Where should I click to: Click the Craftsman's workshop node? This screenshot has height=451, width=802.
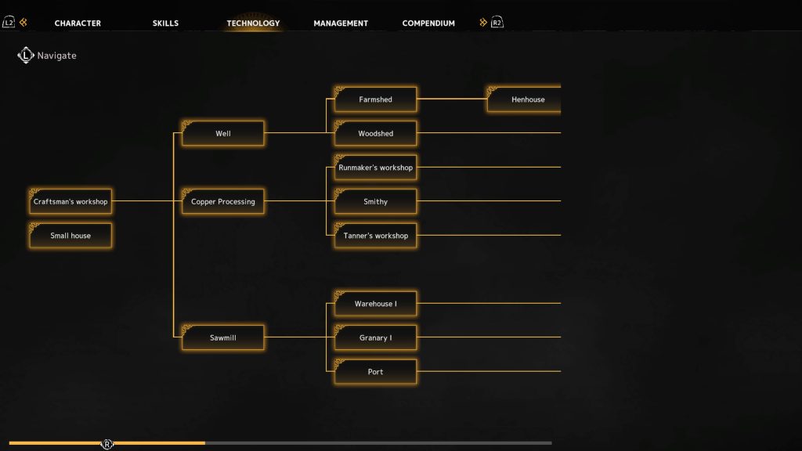click(x=70, y=201)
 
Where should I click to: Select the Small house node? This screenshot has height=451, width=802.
click(x=70, y=236)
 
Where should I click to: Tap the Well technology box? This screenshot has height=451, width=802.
click(x=223, y=133)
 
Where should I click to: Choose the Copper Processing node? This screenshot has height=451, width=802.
click(x=223, y=201)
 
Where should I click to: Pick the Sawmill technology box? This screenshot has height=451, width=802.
click(x=223, y=337)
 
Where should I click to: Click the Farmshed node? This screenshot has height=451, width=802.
click(x=375, y=99)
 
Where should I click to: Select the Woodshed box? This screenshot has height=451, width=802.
click(x=375, y=133)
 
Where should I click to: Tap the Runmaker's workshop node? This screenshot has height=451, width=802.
click(x=375, y=168)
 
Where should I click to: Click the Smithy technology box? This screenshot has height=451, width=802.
click(x=375, y=201)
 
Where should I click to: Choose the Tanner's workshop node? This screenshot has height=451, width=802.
click(x=375, y=236)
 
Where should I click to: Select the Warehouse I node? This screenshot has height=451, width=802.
click(x=375, y=304)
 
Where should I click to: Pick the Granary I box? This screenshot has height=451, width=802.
click(x=375, y=337)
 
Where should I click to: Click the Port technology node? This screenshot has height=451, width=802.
click(x=375, y=372)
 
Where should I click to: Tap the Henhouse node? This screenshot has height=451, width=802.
click(x=524, y=99)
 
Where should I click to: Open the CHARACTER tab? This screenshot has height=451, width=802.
click(x=78, y=23)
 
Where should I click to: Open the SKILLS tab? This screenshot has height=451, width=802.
click(x=166, y=23)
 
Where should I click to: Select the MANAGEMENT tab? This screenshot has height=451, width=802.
click(x=341, y=23)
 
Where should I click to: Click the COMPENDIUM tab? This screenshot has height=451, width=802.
click(x=428, y=23)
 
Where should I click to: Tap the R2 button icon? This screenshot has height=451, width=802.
click(x=497, y=23)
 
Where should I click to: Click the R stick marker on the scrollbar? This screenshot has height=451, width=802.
click(x=107, y=444)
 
